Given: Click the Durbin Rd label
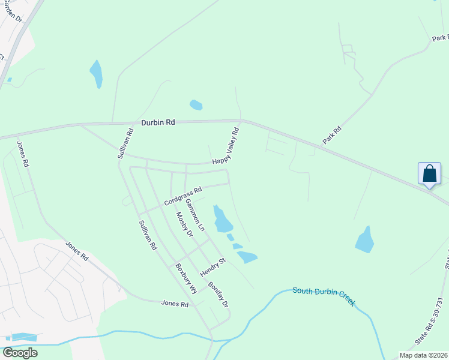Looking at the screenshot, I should [158, 122].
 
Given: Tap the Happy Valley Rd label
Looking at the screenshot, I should [226, 147].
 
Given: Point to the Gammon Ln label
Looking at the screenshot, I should [195, 215].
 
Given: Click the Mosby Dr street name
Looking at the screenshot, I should [184, 224].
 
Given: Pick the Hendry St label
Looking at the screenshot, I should [212, 267].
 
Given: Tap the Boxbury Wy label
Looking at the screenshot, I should [186, 279].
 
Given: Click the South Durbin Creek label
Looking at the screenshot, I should [324, 295].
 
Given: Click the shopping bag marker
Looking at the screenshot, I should [430, 174].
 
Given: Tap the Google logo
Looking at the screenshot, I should [20, 353].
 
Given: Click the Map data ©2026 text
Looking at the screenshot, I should [423, 355].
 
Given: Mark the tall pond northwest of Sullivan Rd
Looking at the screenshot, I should [96, 74].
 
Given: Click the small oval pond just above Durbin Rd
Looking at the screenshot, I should [196, 105].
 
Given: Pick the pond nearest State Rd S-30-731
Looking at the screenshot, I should [365, 239].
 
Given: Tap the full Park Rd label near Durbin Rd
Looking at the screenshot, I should [332, 134].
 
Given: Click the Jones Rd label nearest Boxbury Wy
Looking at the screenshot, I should [175, 304].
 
